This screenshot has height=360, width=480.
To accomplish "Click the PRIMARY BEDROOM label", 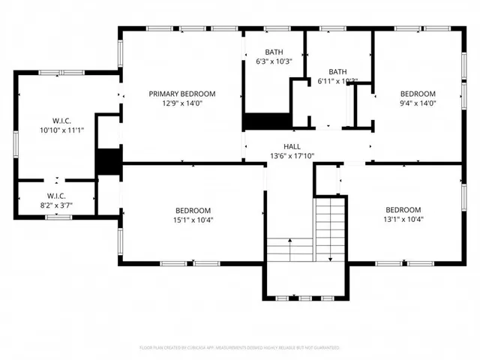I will point(181,94).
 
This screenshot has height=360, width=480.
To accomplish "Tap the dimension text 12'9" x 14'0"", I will point(181,103).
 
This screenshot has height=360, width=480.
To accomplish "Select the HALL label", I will point(292,146).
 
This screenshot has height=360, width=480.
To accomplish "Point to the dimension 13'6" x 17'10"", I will point(292,156).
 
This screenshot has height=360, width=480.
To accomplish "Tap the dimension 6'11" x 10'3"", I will point(337,81).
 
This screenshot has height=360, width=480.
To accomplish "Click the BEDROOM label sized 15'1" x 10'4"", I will point(193,210).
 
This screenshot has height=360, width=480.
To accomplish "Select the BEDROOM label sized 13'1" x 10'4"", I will point(403,210).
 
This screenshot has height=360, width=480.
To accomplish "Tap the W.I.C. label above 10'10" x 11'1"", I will point(61,120).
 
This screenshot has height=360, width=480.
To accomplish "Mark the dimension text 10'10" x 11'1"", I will point(61,130).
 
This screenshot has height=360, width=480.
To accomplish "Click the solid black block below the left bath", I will point(266,121).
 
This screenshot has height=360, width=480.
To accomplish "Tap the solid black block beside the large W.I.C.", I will point(109,162).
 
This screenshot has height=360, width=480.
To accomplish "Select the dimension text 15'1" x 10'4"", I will point(193,220).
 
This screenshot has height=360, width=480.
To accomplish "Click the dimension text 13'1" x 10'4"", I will point(403,220).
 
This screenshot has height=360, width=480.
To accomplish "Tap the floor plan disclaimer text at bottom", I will point(240,348).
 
